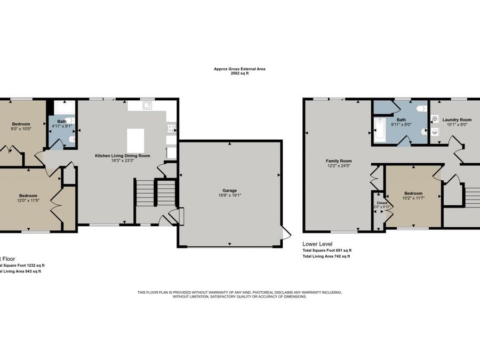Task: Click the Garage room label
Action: pos(229,190)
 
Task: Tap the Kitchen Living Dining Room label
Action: pos(122,156)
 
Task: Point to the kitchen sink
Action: pos(147,106)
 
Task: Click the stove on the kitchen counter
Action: pos(172,128)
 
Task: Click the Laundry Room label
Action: pos(457,119)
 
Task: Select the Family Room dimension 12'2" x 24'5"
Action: pos(339,165)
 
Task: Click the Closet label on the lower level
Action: pos(382,203)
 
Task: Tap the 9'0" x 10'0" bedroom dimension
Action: pos(21,129)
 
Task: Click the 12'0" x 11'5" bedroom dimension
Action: pos(28,200)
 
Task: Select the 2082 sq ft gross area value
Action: pos(239,73)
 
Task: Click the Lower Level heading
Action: pos(317,244)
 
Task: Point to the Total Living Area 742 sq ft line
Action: pos(326,257)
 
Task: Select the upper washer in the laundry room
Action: pos(435,119)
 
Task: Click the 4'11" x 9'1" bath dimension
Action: pos(62,126)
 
